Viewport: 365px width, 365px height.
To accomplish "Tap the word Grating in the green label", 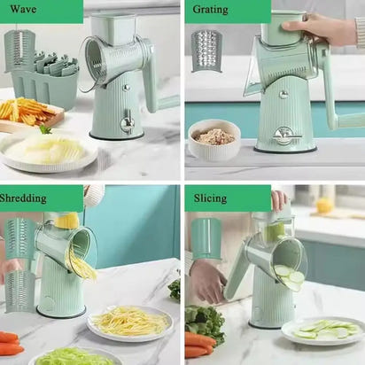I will coord(210,10).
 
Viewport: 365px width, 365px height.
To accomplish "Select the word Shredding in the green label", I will coord(23,198).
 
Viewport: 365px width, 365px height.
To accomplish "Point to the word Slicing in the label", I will coord(209,198).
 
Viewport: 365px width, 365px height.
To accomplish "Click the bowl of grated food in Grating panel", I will coord(214,139).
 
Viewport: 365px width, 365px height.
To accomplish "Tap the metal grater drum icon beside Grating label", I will coord(206,50).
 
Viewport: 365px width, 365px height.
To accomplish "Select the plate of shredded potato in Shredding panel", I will coord(129,322).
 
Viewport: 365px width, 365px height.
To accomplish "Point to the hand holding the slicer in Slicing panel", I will coord(207,279).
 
